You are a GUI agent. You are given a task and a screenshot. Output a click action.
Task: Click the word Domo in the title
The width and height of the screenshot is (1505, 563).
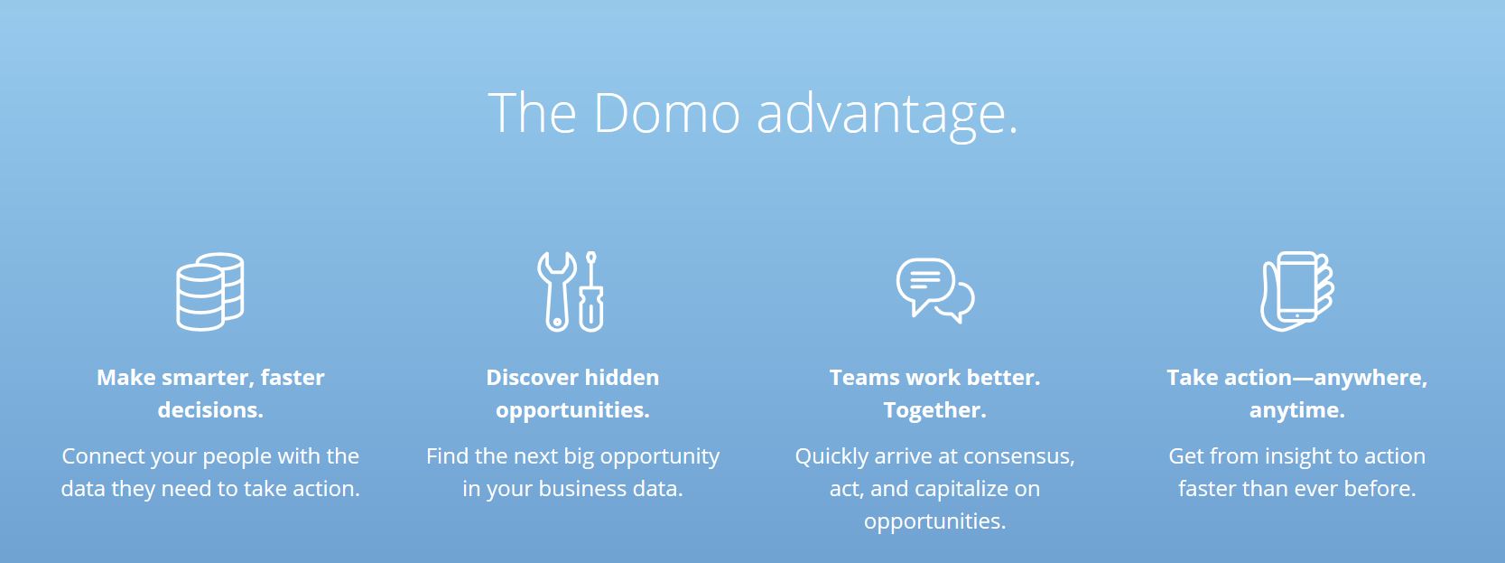click(666, 112)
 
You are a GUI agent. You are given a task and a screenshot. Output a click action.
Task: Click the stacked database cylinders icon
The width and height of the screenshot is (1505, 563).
click(210, 291)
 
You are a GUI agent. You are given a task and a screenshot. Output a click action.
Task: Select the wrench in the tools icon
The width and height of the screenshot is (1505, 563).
click(556, 291)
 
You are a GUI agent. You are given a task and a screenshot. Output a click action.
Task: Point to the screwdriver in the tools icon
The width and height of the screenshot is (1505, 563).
click(590, 291)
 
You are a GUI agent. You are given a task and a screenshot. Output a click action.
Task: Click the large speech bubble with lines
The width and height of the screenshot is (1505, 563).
click(926, 286)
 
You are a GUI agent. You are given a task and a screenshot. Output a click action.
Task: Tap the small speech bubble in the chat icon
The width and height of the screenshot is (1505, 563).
click(960, 304)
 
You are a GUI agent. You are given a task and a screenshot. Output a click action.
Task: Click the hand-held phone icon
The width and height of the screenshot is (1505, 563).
click(1296, 291)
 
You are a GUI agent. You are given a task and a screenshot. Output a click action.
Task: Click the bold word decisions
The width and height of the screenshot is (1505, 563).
click(210, 409)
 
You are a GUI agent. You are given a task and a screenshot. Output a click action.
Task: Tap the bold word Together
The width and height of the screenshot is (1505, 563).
click(934, 409)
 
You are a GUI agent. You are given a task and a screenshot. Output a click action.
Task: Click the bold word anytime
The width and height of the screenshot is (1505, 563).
click(1296, 409)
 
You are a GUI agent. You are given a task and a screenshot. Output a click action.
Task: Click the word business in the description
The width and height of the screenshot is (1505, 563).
click(580, 488)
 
